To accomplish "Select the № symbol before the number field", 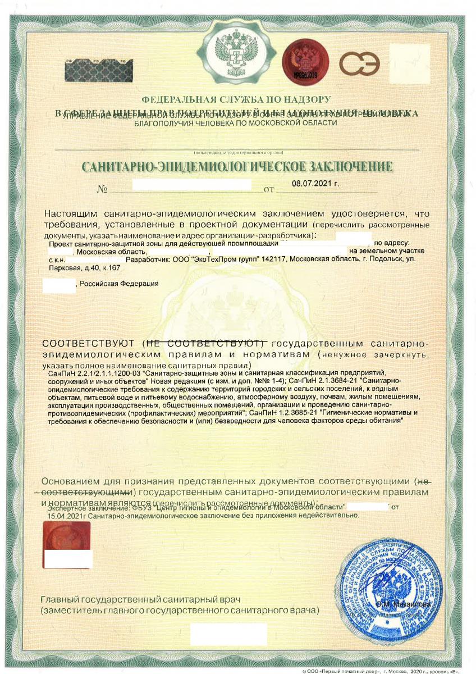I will coord(102,190).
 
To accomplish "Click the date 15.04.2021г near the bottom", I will coord(67,514).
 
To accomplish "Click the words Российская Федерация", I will coord(118,284).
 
